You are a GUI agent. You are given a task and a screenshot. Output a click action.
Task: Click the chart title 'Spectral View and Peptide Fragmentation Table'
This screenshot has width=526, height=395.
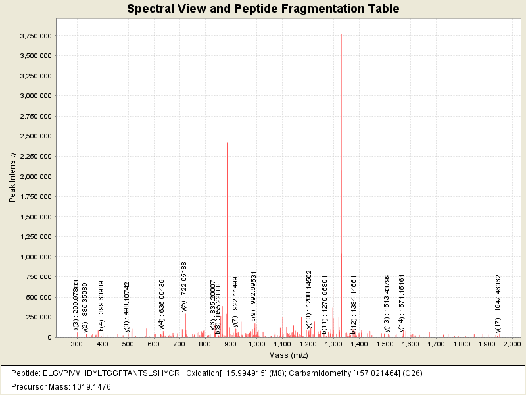tap(263, 9)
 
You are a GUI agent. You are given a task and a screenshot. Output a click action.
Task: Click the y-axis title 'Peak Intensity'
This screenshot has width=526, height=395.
tap(12, 177)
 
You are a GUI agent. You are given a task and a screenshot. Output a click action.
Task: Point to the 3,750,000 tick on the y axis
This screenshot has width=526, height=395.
tap(35, 36)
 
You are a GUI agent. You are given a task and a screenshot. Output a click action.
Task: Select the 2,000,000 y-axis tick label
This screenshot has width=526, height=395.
tap(35, 176)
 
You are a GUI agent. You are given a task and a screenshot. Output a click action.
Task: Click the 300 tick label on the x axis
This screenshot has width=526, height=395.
tap(77, 344)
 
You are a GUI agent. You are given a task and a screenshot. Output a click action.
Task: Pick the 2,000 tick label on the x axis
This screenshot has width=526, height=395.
tap(512, 344)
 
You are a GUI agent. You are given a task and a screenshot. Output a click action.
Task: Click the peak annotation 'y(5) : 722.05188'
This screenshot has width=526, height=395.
tap(185, 286)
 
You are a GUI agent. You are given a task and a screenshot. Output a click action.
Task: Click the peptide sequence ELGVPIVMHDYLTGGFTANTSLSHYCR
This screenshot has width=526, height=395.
tap(114, 373)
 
